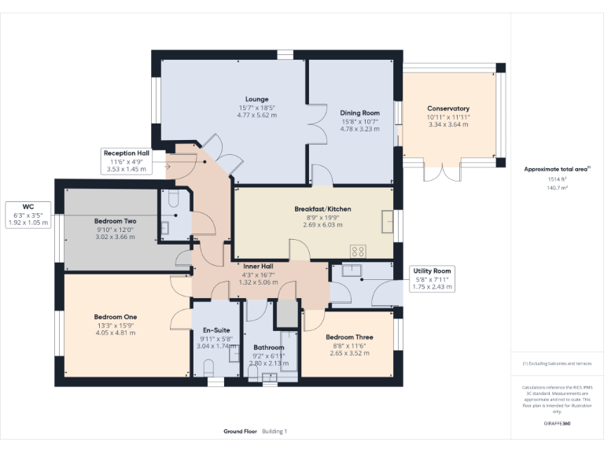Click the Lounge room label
coord(256,99)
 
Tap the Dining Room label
coord(359,113)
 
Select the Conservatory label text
coord(448,109)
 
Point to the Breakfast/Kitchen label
coord(322,208)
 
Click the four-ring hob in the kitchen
coord(358,251)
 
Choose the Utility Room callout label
coord(432,271)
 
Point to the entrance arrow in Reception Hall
coord(168,167)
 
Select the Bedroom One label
coord(115,317)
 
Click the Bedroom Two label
coord(115,222)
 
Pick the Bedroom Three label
coord(349,337)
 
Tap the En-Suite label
coord(215,330)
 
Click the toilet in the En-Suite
coord(208,368)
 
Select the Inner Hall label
coord(257,267)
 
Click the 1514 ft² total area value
coord(557,179)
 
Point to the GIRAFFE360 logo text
coord(557,423)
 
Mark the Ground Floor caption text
coord(240,432)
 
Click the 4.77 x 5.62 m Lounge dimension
coord(256,115)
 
